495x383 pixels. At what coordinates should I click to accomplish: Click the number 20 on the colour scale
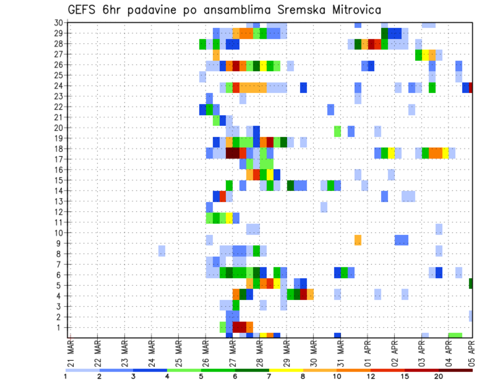[439, 376]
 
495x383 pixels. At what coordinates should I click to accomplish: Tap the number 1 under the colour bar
[65, 376]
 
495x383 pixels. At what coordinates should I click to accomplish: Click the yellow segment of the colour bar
[286, 370]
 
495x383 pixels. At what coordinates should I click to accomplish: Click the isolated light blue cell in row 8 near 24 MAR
[162, 251]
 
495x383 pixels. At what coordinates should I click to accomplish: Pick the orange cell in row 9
[358, 241]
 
